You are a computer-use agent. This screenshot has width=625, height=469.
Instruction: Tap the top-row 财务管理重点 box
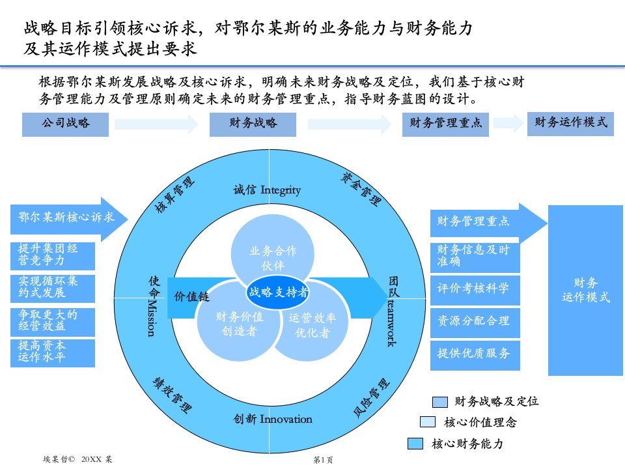[445, 124]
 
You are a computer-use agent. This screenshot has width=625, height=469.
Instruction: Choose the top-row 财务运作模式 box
[570, 122]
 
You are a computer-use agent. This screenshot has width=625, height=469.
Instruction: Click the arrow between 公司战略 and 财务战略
[156, 124]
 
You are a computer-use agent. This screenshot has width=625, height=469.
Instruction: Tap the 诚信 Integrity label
[267, 190]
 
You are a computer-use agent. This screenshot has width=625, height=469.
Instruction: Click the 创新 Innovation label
[273, 419]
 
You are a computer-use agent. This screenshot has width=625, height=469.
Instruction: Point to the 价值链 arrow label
[191, 296]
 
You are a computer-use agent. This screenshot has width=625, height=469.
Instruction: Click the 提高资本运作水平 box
[53, 352]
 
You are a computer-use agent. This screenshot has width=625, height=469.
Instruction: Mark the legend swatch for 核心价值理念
[428, 422]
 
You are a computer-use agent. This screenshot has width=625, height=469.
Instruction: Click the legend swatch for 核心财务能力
[416, 444]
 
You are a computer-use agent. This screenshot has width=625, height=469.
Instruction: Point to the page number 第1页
[323, 460]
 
